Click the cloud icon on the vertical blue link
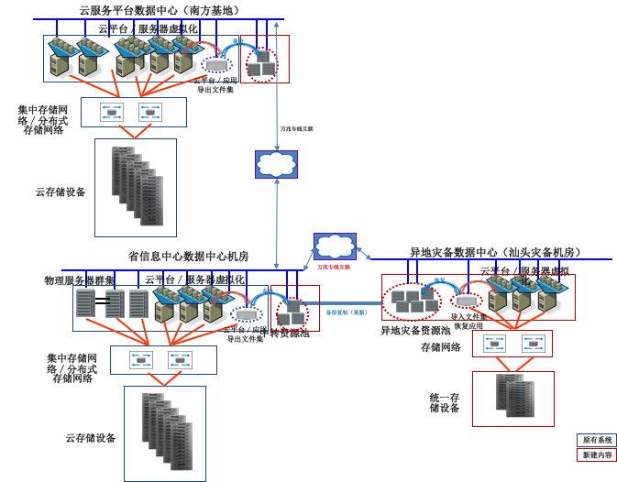[x=276, y=164]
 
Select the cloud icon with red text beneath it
[x=335, y=246]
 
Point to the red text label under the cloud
[x=334, y=267]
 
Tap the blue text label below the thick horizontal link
[x=347, y=312]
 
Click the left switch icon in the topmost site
[x=112, y=112]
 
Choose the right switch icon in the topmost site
[x=150, y=112]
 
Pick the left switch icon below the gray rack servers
[x=141, y=359]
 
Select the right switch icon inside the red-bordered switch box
[x=534, y=344]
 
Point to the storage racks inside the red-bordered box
[x=514, y=396]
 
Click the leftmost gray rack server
[x=85, y=303]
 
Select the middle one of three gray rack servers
[x=115, y=303]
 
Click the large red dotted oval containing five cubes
[x=411, y=301]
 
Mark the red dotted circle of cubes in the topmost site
[x=261, y=65]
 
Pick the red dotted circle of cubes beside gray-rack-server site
[x=292, y=314]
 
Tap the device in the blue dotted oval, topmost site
[x=216, y=64]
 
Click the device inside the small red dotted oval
[x=467, y=301]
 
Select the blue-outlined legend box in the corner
[x=596, y=440]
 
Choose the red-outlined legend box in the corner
[x=596, y=455]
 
